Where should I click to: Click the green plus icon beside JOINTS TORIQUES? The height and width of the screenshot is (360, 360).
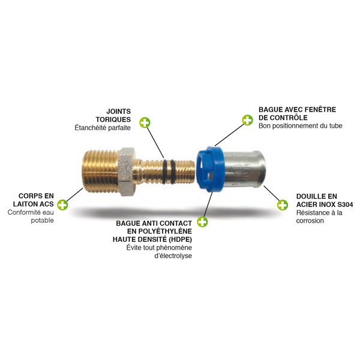pos(145,123)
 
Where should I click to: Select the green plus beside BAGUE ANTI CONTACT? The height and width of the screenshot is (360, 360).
pos(203,222)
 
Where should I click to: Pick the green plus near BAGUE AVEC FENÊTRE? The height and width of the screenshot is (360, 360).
pos(247,120)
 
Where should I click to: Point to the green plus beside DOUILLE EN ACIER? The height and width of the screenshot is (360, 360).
pos(283,205)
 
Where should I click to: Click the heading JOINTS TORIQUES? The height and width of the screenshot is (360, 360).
pos(118,115)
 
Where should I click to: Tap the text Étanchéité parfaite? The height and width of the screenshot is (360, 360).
pos(103,128)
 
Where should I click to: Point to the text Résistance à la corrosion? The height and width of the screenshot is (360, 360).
pos(319,217)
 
